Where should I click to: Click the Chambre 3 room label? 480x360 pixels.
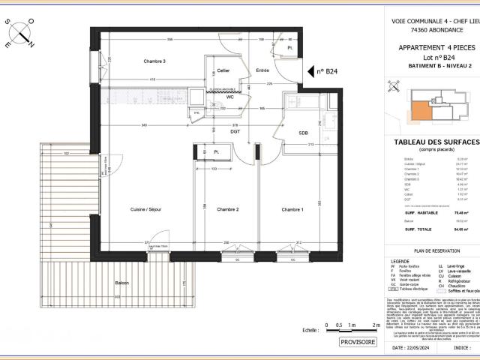(x=154, y=61)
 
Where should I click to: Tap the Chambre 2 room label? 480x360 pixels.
(x=223, y=208)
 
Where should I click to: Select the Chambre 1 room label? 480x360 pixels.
(x=293, y=208)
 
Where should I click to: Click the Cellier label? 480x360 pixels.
(x=223, y=70)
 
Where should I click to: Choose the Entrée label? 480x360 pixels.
(x=262, y=70)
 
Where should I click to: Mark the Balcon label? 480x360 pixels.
(x=121, y=283)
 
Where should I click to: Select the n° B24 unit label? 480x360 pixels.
(x=326, y=72)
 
